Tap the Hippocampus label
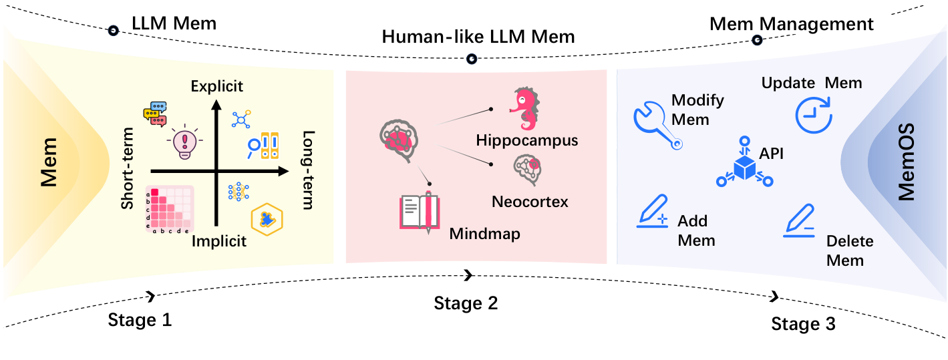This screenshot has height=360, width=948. coord(527,141)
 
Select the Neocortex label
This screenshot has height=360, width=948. coord(530,200)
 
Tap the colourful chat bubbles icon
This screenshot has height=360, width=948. coord(154,114)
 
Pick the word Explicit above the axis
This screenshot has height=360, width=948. coord(216,86)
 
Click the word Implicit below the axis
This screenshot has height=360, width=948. coord(219,241)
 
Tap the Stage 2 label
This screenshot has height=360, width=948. coord(466,303)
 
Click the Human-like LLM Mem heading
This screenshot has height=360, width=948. coord(478,37)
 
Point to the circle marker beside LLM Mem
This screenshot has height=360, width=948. coord(114,30)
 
